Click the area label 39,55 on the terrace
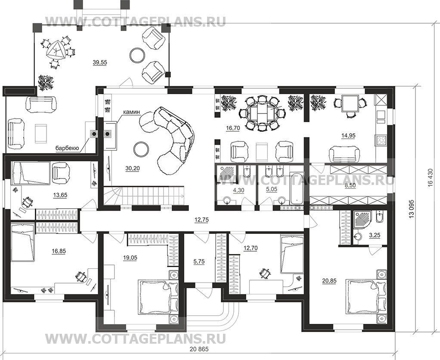click(x=100, y=62)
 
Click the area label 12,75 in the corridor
click(x=199, y=220)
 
